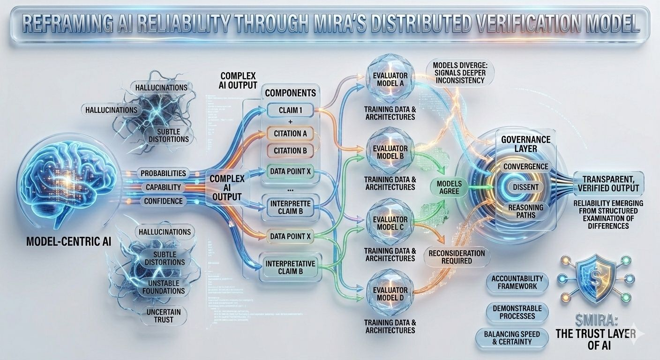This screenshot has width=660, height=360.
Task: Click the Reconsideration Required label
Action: tap(457, 256)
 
